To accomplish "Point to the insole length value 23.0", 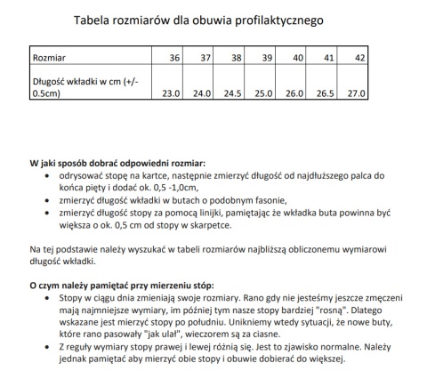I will [x=171, y=92].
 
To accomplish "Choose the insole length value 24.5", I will [x=233, y=92].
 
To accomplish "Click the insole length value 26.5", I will [x=326, y=92].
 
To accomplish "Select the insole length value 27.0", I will [x=357, y=92].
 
